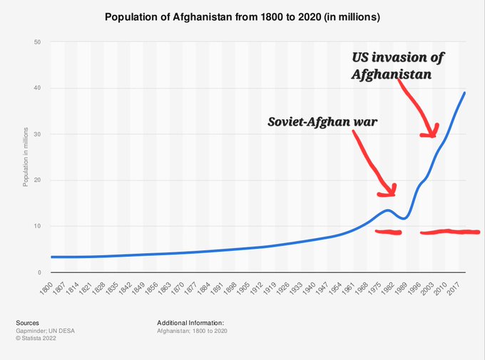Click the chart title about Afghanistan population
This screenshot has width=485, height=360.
242,16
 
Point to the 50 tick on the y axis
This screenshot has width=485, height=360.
36,43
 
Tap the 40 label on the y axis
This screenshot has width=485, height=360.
36,88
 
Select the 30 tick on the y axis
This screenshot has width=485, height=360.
36,135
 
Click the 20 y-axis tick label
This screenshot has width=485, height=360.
36,180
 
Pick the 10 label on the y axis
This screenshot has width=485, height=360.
36,227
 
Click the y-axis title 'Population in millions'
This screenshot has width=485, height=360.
25,158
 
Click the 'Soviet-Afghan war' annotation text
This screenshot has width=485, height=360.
322,121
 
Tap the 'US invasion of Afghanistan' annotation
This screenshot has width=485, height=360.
402,65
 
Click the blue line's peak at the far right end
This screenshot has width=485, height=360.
466,93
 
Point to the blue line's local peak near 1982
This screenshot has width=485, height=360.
387,210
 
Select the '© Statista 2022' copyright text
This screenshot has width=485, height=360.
36,339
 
